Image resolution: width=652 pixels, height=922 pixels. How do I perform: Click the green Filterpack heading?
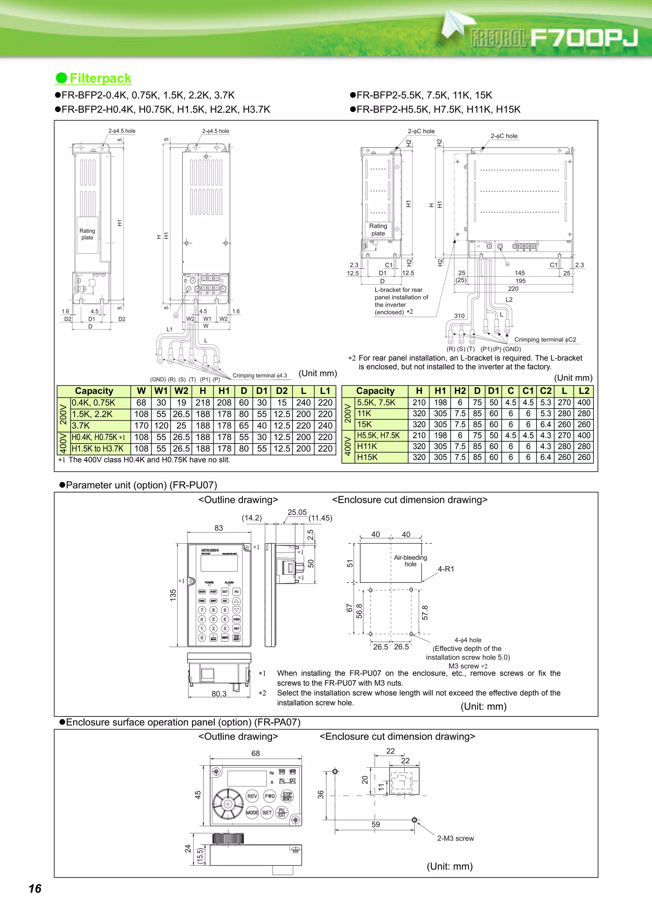tap(100, 78)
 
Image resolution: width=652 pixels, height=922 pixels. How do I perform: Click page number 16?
tap(35, 889)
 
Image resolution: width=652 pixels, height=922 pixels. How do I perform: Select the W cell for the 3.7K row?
tap(141, 426)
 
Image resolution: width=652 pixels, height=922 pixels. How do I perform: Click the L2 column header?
tap(584, 391)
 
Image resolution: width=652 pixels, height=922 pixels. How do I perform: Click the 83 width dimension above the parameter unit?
tap(218, 528)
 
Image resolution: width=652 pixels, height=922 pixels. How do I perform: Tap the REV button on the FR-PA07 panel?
tap(252, 796)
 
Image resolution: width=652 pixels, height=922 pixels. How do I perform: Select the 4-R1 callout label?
tap(445, 569)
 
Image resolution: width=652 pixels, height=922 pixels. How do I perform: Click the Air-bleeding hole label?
tap(410, 561)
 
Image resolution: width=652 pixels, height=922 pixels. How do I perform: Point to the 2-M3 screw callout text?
tap(455, 838)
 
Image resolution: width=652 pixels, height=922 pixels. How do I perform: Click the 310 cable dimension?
tap(459, 316)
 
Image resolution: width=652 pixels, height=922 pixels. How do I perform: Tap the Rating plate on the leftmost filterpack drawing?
tap(87, 234)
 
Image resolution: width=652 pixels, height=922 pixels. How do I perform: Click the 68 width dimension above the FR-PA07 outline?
tap(256, 754)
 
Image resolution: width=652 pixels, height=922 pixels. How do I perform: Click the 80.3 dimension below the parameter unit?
tap(219, 694)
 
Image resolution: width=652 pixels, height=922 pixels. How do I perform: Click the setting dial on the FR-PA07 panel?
tap(228, 804)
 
